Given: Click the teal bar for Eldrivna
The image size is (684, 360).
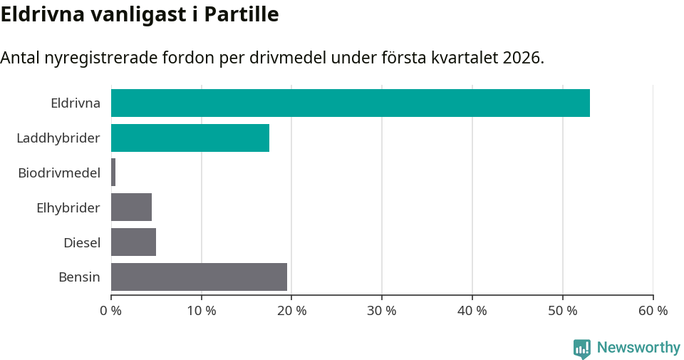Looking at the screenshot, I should (350, 103).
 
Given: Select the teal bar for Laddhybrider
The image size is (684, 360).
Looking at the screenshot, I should (190, 138).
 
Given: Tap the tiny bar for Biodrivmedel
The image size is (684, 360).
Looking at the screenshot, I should (113, 173).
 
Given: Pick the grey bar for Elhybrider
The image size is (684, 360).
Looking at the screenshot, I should (131, 207).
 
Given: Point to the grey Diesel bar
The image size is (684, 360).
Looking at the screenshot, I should (133, 242).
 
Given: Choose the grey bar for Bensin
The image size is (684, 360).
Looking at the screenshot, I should (199, 277).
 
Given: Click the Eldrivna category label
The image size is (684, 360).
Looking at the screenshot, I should (76, 103).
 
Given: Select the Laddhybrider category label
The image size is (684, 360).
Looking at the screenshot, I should (58, 138).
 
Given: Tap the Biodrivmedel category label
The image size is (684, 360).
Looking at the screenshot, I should (59, 173).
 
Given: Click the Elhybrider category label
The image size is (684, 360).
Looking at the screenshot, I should (68, 207).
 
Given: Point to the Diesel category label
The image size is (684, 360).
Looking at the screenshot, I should (82, 242).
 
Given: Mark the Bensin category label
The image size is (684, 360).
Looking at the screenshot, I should (79, 277).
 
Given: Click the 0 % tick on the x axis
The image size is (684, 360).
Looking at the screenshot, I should (111, 311).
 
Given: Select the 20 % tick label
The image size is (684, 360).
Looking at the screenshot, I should (292, 311).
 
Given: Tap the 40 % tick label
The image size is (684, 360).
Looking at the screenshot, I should (472, 311).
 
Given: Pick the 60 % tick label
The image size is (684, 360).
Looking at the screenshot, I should (653, 311).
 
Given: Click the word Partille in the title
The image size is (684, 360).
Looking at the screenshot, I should (242, 14).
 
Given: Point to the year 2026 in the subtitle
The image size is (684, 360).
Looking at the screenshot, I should (522, 58).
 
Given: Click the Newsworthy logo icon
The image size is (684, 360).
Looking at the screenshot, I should (582, 348).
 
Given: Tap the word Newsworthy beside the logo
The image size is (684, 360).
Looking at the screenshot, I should (638, 348).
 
